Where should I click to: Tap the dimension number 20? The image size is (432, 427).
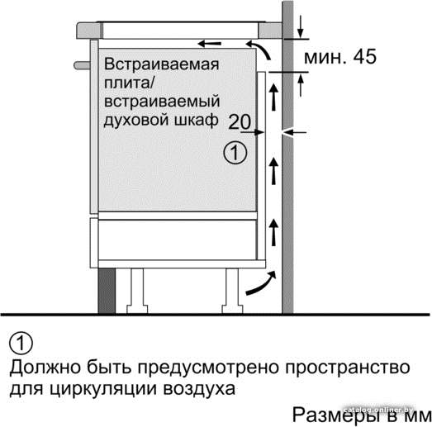[240, 121]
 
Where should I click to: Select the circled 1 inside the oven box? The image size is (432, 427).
[235, 153]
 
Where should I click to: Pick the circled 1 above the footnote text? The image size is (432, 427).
[21, 344]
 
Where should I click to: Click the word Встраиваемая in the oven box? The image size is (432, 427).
[161, 64]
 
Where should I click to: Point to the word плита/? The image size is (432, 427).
[128, 83]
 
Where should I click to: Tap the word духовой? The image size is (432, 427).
[134, 121]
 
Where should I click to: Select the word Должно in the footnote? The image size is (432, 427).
[45, 368]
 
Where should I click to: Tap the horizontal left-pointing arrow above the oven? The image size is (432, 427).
[210, 43]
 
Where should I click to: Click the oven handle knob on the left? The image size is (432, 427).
[82, 65]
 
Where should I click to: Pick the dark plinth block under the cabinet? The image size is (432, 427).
[107, 291]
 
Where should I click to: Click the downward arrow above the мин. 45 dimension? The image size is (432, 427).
[301, 27]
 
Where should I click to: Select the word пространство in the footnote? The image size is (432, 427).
[348, 368]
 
